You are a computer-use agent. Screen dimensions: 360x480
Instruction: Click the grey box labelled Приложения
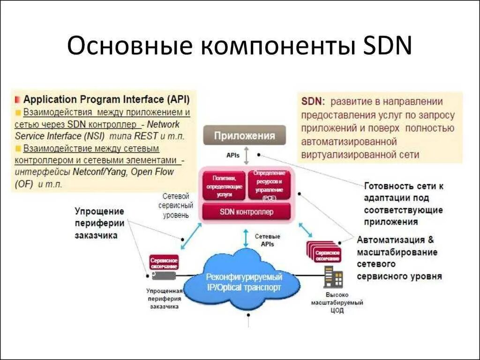tap(244, 136)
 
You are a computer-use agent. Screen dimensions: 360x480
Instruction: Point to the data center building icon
tap(333, 277)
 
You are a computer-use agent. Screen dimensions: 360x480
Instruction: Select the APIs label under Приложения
tap(233, 154)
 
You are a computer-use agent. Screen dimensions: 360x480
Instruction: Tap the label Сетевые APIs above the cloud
tap(268, 240)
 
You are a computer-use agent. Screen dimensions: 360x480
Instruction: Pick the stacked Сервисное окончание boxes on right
tap(324, 251)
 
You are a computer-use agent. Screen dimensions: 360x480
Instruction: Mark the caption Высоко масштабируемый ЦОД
tap(337, 303)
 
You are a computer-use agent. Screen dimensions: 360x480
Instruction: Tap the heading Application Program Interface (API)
tap(106, 99)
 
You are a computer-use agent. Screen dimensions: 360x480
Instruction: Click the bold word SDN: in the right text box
tap(313, 102)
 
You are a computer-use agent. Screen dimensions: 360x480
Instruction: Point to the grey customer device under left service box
tap(164, 276)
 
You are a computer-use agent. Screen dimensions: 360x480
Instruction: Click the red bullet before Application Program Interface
tap(17, 100)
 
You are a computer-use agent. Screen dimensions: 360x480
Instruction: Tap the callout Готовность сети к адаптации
tap(403, 203)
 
